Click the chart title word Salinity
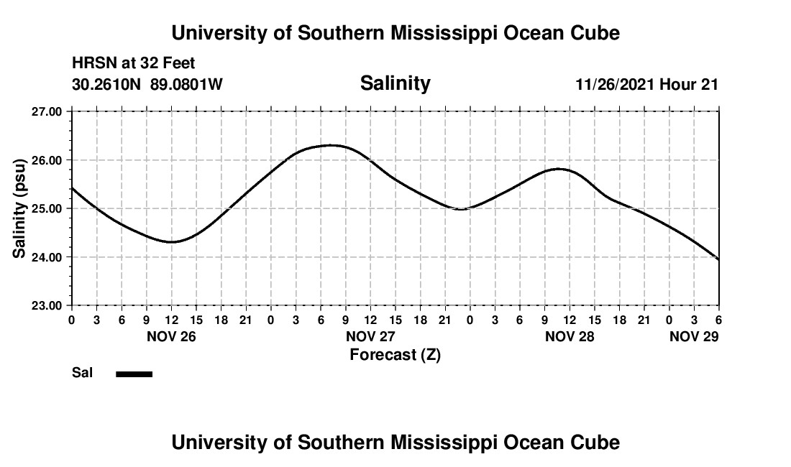tap(395, 83)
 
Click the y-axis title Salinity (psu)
tap(19, 208)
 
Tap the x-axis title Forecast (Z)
tap(395, 355)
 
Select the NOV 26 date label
tap(170, 336)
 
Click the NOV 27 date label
tap(370, 336)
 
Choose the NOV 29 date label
tap(694, 336)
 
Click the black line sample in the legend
tap(134, 374)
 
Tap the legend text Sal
tap(81, 373)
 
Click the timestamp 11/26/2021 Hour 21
tap(646, 85)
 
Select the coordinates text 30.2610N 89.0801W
tap(147, 85)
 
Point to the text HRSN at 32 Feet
tap(133, 64)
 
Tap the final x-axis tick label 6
tap(718, 319)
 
